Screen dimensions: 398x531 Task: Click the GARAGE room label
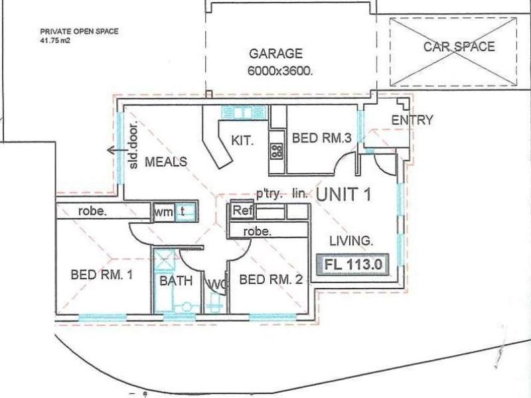tap(275, 54)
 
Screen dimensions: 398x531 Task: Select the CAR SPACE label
tap(459, 46)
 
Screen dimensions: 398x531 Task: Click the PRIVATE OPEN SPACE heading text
tap(70, 31)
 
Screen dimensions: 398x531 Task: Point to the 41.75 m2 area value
tap(54, 40)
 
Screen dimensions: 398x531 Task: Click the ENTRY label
tap(412, 120)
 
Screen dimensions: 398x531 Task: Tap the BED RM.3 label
tap(321, 139)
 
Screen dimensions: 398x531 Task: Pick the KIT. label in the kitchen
tap(240, 140)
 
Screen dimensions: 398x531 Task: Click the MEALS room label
tap(166, 161)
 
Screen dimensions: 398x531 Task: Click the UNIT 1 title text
tap(343, 194)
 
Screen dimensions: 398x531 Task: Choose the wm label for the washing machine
tap(163, 212)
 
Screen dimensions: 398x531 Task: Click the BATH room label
tap(176, 281)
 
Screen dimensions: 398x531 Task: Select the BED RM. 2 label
tap(271, 280)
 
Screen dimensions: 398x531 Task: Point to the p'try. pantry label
tap(269, 194)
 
